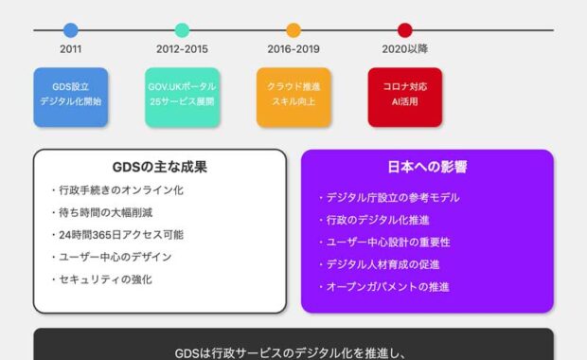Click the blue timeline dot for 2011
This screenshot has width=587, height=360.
click(71, 30)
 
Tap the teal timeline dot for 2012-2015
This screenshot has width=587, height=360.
click(182, 30)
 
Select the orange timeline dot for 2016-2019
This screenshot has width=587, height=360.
click(293, 30)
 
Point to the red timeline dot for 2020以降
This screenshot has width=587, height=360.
click(405, 30)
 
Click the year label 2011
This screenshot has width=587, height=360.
click(71, 49)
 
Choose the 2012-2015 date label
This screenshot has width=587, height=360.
click(182, 49)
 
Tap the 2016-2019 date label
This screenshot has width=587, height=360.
click(293, 49)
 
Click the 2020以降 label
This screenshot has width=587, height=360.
click(405, 49)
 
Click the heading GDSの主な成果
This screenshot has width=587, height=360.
click(159, 168)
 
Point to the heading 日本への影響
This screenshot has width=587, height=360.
click(427, 168)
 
